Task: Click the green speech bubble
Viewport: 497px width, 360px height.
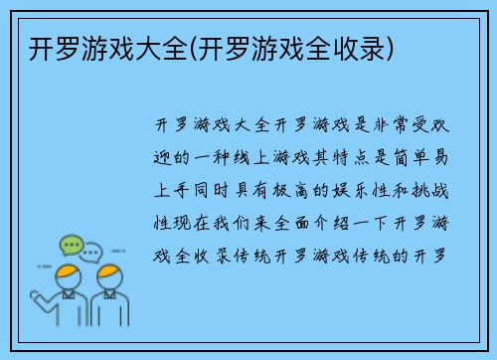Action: pyautogui.click(x=71, y=245)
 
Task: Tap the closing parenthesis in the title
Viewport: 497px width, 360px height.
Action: pyautogui.click(x=394, y=46)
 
